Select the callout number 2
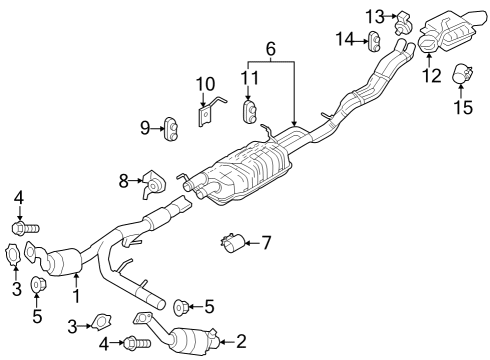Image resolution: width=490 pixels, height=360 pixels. pos(240,343)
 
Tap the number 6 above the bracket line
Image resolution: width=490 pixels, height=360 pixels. pos(269,48)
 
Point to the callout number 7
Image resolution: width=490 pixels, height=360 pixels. pos(266,243)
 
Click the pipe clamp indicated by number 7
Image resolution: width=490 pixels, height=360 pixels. pos(234,243)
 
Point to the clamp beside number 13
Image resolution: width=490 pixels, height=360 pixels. pos(404,17)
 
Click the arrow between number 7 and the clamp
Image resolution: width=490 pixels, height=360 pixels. pos(252,243)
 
